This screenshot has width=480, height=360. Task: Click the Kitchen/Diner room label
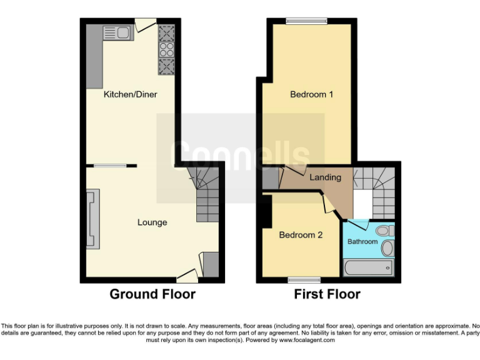pos(130,94)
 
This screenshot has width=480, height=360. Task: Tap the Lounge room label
pos(152,222)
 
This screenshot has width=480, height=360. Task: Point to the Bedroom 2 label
pos(301,236)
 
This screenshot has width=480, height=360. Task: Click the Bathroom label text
pos(362,242)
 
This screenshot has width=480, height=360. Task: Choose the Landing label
pos(326,177)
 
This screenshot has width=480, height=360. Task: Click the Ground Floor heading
pos(152,294)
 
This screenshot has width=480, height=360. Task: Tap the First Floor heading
pos(327,294)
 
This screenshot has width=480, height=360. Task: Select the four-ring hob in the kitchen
pos(166,49)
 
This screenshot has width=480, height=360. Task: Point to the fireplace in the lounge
pos(92,220)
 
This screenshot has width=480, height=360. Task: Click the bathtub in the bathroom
pos(369,268)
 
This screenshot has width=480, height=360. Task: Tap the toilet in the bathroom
pos(387,248)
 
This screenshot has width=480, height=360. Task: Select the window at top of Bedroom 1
pos(306,21)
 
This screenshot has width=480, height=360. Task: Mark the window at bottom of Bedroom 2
pos(304,279)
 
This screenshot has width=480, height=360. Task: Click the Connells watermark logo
pos(240,156)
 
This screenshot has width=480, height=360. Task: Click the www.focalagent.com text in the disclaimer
pos(306,340)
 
